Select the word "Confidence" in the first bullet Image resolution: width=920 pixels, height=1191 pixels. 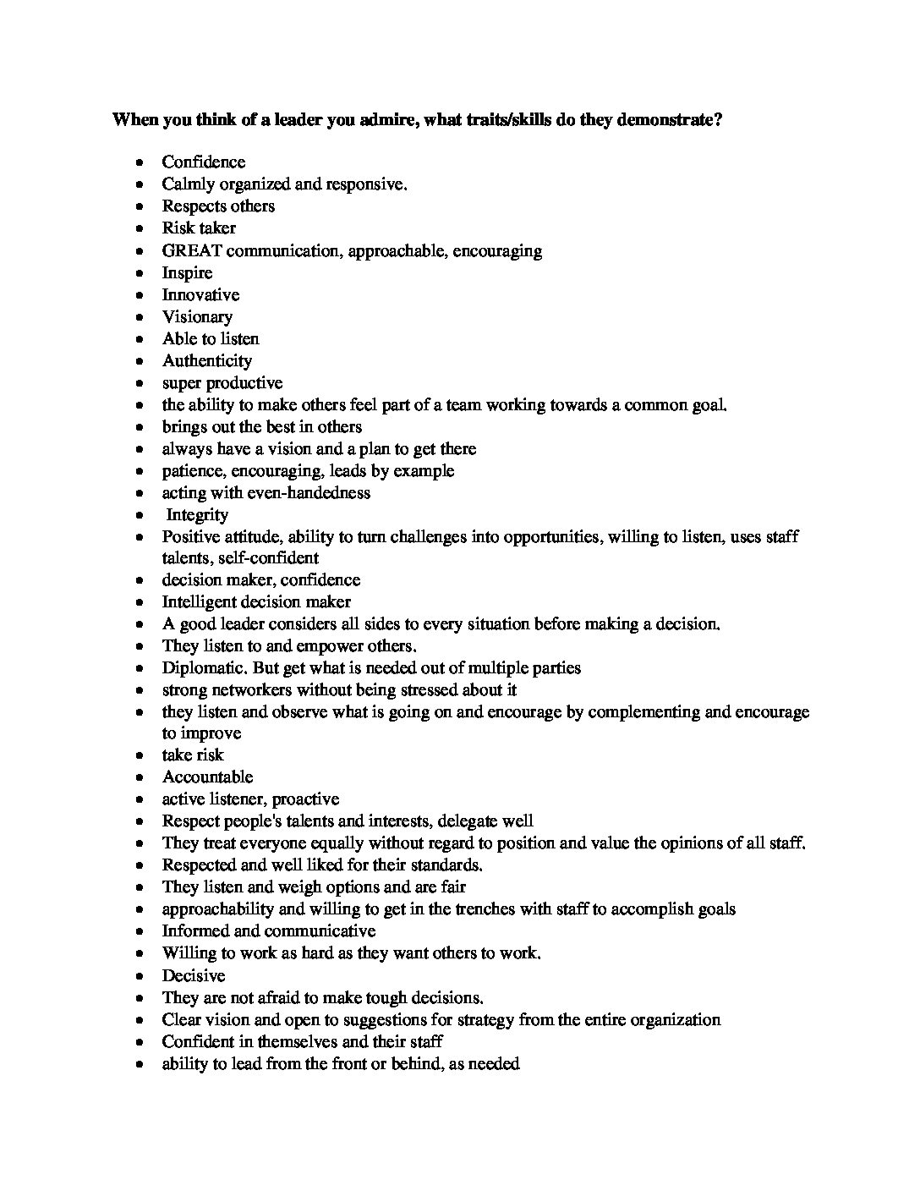[x=204, y=162]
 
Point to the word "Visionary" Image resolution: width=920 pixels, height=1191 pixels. [x=197, y=316]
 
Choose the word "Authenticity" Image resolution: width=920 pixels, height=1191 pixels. [x=207, y=360]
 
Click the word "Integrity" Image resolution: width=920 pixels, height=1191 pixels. [x=197, y=514]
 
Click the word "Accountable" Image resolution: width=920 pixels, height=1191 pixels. [x=207, y=777]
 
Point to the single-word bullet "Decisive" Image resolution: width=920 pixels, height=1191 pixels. [x=194, y=975]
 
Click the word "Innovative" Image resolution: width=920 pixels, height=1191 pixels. [x=200, y=294]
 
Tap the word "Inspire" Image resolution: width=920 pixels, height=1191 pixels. [x=187, y=272]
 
